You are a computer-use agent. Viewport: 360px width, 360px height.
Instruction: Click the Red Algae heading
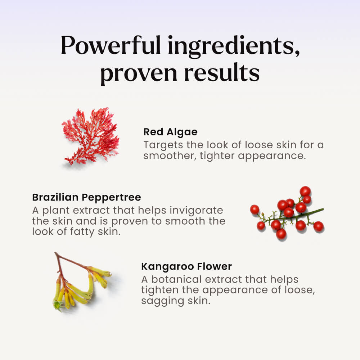tap(170, 132)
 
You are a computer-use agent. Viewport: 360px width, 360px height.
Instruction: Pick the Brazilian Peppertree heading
tap(86, 198)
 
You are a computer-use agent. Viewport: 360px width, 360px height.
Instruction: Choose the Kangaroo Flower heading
tap(186, 267)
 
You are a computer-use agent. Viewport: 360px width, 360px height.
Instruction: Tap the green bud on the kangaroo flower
tap(57, 305)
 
